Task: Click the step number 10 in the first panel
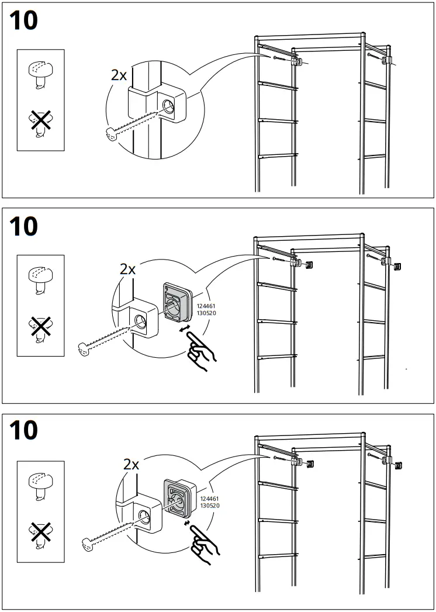[x=24, y=20]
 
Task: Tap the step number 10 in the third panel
[x=24, y=431]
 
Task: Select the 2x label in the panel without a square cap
[x=119, y=75]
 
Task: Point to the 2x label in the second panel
[x=127, y=269]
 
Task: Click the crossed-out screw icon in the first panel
[x=40, y=123]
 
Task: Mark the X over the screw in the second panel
[x=40, y=328]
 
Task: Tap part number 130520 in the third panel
[x=210, y=505]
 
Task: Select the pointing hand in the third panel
[x=206, y=545]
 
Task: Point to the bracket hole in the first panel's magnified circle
[x=168, y=106]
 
